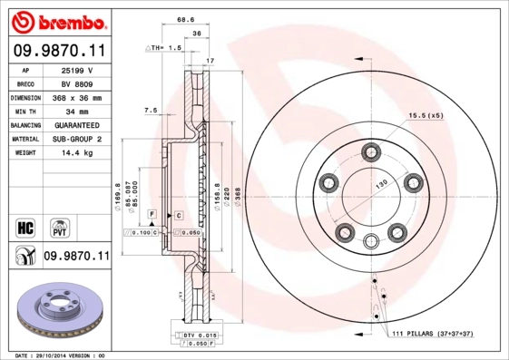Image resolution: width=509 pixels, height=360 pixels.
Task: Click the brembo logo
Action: point(56,20)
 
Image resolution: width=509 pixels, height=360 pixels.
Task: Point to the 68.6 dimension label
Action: point(186,18)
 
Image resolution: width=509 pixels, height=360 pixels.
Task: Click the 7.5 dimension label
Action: point(151,110)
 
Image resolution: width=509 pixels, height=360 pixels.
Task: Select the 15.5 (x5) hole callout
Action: point(426,116)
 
